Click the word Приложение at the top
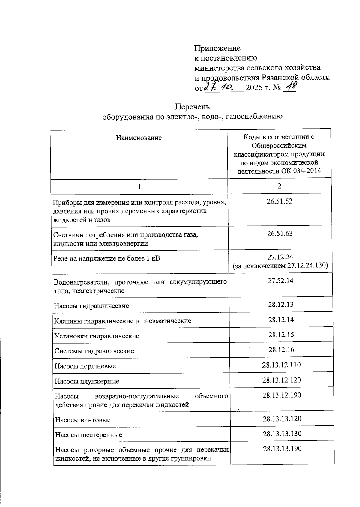(x=217, y=48)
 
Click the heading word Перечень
(x=192, y=107)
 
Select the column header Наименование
(x=139, y=138)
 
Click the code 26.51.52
(x=280, y=201)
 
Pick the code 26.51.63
(x=280, y=233)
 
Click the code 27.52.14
(x=280, y=281)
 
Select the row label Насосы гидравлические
(x=91, y=306)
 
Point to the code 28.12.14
(x=281, y=320)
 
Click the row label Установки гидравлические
(x=97, y=336)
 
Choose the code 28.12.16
(x=281, y=350)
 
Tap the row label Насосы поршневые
(x=85, y=366)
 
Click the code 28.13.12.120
(x=281, y=380)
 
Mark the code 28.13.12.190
(x=281, y=395)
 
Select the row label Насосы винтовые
(x=83, y=420)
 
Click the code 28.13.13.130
(x=282, y=434)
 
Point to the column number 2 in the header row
(x=279, y=186)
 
